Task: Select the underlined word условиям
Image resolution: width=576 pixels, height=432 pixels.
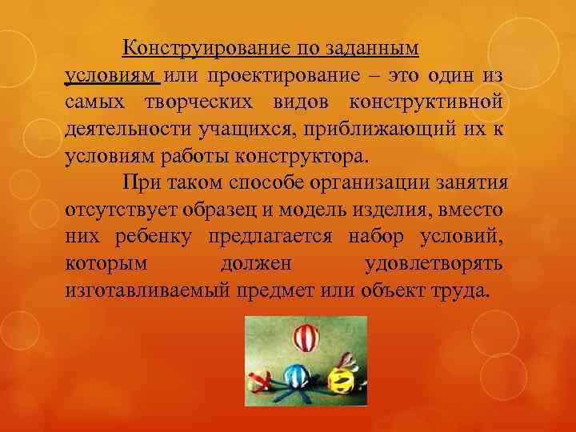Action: pyautogui.click(x=112, y=75)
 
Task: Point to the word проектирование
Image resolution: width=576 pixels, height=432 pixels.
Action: pyautogui.click(x=288, y=75)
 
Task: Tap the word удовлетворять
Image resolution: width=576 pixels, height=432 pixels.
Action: pyautogui.click(x=434, y=262)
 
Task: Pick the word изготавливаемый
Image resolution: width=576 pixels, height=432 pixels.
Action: pyautogui.click(x=148, y=289)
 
